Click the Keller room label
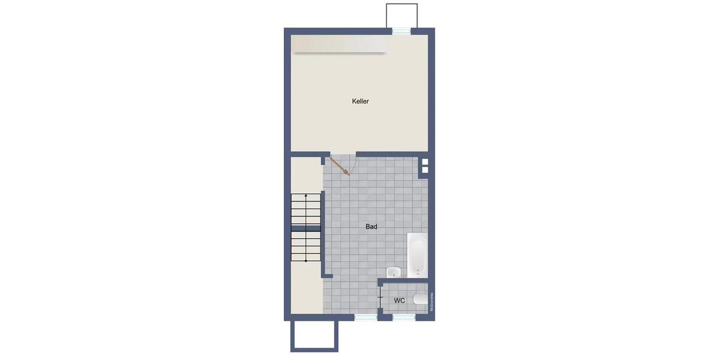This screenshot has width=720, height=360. tap(360, 101)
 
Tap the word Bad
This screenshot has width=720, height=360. tap(371, 227)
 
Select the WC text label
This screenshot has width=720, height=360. tap(399, 300)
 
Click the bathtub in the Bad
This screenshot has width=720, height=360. tap(416, 255)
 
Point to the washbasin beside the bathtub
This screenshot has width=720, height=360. tap(393, 272)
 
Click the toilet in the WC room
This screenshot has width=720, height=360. tap(421, 299)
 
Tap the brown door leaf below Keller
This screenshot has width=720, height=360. tap(340, 166)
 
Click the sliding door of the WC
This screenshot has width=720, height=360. tap(380, 298)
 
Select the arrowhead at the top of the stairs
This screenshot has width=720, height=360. tap(306, 196)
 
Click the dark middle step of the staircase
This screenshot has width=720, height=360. tap(306, 227)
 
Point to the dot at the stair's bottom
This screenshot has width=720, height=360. tap(306, 261)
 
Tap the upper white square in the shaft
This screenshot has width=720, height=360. tap(425, 162)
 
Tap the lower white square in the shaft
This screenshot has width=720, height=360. tap(425, 170)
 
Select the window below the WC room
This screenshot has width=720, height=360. tap(404, 317)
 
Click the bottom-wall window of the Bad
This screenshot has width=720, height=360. tap(365, 317)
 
